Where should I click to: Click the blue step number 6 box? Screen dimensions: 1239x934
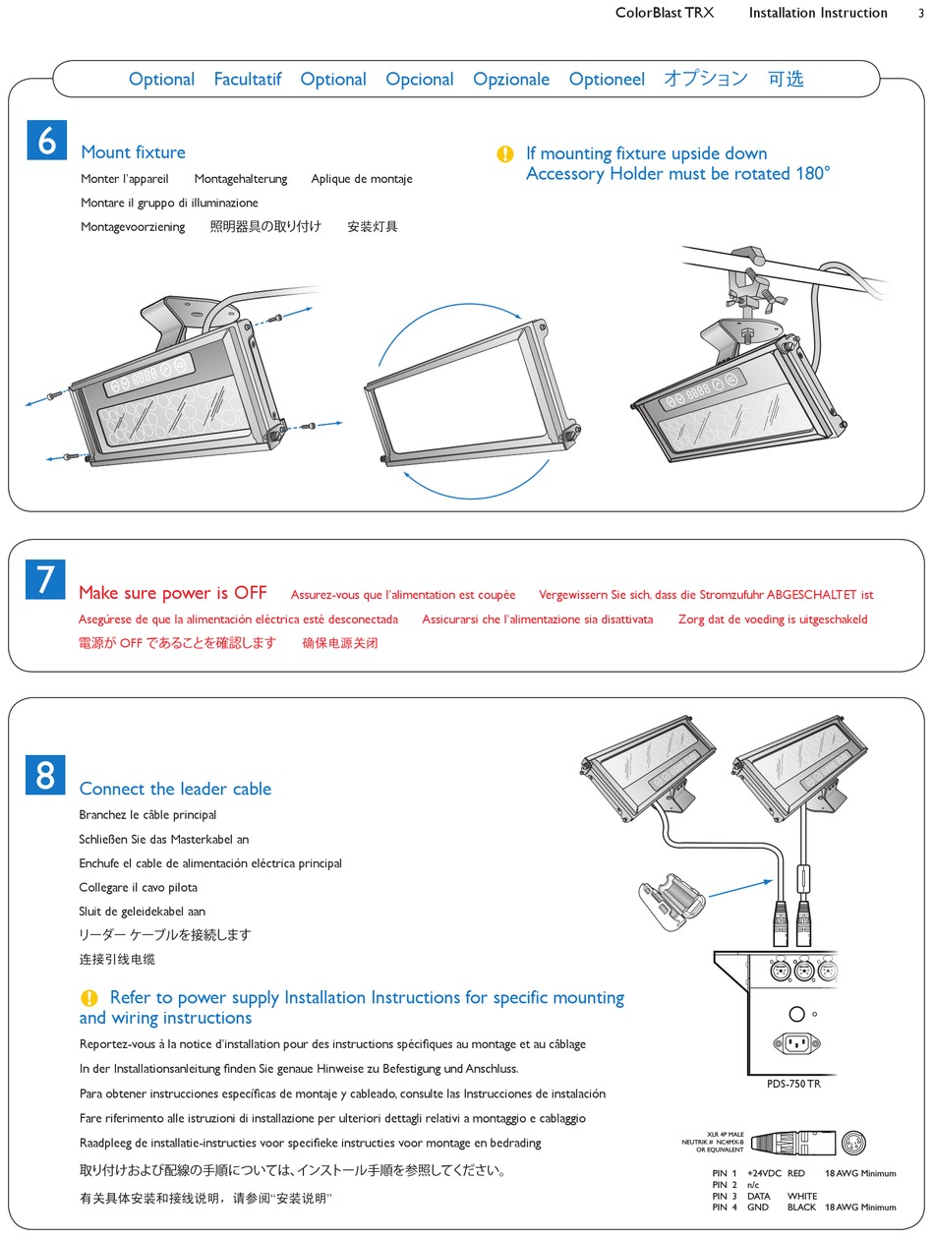46,142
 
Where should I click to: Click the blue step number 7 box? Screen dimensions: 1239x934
46,579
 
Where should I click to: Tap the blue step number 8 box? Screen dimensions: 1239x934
46,775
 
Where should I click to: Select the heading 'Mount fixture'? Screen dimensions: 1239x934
133,152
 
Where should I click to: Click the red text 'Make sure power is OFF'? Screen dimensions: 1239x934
172,593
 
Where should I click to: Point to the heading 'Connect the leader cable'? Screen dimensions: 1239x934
175,789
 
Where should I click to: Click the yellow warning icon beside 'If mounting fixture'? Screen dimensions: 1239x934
505,154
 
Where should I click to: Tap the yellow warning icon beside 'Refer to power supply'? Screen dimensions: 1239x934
89,998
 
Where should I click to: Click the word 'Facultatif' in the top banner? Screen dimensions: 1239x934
248,80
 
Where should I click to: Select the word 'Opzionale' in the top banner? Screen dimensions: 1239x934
511,80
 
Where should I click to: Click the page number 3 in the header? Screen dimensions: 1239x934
920,14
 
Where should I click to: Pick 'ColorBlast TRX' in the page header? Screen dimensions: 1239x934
665,14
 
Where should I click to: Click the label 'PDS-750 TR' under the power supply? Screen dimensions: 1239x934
794,1084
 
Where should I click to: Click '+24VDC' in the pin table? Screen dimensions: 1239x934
763,1173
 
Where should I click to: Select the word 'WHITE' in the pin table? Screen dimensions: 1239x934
802,1196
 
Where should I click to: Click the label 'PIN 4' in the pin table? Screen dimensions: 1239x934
725,1208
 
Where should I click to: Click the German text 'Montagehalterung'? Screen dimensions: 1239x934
241,179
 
